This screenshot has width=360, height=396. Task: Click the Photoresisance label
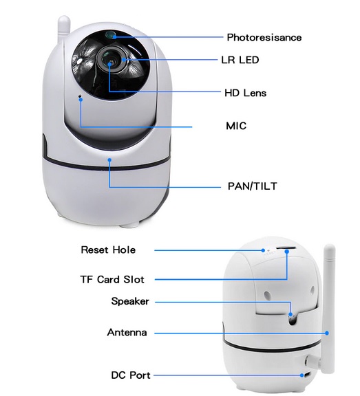pos(264,37)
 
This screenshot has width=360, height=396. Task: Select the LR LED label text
pos(240,60)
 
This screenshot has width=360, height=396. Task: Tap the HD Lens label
pos(246,93)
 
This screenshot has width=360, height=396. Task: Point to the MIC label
pos(236,126)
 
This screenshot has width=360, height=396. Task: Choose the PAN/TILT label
pos(253,186)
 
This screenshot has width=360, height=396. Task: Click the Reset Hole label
pos(108,250)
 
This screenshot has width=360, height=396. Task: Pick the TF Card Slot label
pos(112,280)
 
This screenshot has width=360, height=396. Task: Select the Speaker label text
pos(130,301)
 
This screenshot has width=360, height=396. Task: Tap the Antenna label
pos(127,332)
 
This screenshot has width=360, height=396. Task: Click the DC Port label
pos(131,375)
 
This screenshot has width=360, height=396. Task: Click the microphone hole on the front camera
pos(80,96)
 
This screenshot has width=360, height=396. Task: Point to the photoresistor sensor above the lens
pos(110,35)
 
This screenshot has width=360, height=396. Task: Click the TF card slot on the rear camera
pos(286,248)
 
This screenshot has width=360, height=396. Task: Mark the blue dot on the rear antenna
pos(327,333)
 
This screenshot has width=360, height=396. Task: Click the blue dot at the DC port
pos(301,375)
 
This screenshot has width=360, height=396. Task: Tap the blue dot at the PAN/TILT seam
pos(109,160)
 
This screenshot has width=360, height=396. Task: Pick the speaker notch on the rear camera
pos(293,319)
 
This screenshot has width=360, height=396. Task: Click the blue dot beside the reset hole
pos(263,250)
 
